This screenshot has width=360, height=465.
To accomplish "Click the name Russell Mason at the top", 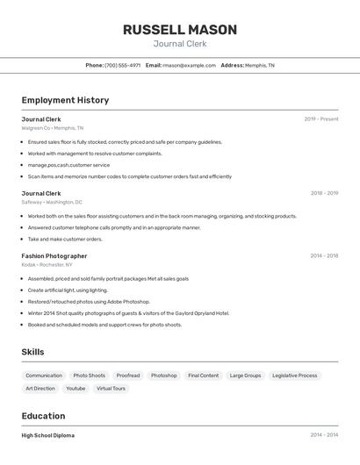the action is coord(179,29).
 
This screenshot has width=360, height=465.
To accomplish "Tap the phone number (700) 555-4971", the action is coord(122,65).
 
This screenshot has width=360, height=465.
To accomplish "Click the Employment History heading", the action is coord(65,100).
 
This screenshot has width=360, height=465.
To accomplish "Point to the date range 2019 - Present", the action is coord(320,119).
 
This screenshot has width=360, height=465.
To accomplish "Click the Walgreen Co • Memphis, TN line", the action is coord(53,128).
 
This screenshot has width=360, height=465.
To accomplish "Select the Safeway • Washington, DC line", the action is coord(52,202).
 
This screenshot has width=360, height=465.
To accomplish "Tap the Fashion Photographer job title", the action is coord(54,256).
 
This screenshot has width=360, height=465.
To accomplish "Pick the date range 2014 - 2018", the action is coord(323,256).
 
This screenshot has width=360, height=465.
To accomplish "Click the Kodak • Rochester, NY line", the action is coord(47,264).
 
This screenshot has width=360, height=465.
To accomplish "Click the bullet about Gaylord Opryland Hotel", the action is coord(128,313).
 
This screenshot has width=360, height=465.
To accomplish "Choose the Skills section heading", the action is coord(32,352).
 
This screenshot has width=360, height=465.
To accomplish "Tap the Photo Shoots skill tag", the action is coord(89,376).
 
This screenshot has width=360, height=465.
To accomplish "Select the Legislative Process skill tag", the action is coord(294,376).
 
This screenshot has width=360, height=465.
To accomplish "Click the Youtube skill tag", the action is coord(76,388).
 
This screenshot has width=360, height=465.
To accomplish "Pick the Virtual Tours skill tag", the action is coord(111,388).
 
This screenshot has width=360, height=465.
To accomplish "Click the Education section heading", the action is coord(43,416).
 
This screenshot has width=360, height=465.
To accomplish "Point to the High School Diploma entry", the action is coord(48,435).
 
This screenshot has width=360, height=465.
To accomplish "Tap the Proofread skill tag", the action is coord(128,376).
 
